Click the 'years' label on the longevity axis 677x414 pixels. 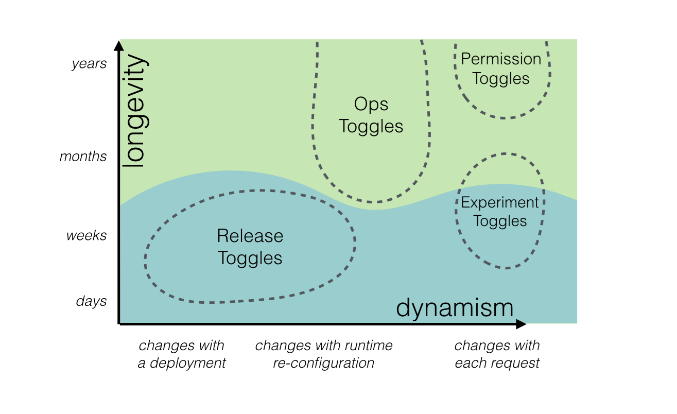click(89, 64)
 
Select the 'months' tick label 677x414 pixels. click(83, 157)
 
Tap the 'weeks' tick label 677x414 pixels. click(86, 235)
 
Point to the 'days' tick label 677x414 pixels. click(91, 301)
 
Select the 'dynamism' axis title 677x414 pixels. click(455, 308)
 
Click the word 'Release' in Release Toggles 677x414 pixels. click(250, 236)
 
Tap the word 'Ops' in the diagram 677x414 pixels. click(371, 104)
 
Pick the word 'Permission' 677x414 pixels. click(501, 59)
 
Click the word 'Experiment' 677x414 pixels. click(500, 203)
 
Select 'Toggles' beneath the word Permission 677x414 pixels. click(501, 79)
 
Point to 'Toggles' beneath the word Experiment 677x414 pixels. click(500, 221)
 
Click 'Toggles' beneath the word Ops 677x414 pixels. click(371, 126)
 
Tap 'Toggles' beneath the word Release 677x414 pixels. click(250, 258)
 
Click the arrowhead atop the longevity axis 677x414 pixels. click(119, 46)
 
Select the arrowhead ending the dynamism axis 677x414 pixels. click(521, 324)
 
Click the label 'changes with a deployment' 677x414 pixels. click(182, 354)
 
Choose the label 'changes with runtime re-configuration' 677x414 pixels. click(324, 354)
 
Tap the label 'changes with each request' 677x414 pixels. click(497, 354)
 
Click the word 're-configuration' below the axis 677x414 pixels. click(324, 363)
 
